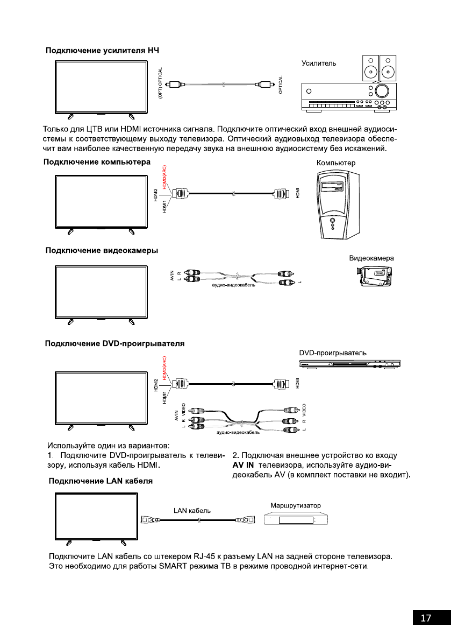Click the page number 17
click(x=426, y=618)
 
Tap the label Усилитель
click(x=319, y=63)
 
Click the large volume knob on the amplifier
click(x=383, y=90)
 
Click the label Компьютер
click(x=336, y=163)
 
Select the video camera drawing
click(x=374, y=278)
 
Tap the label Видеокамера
click(x=371, y=258)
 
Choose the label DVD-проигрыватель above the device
click(x=333, y=353)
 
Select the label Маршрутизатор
click(x=295, y=506)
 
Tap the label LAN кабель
click(x=191, y=510)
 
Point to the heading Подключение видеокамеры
click(x=102, y=250)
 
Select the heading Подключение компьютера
click(x=97, y=162)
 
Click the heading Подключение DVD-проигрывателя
click(x=115, y=343)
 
